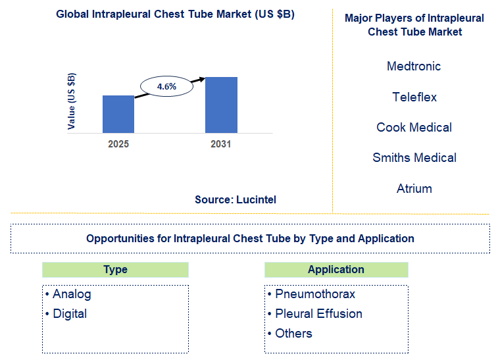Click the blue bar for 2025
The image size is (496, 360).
point(118,114)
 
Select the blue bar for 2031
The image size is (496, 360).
point(221,105)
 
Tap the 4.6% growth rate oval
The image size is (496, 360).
point(166,86)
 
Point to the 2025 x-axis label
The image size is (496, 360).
point(118,143)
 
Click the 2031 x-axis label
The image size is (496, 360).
point(221,143)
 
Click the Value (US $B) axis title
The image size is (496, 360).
point(72,101)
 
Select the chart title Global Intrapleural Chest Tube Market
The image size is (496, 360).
point(175,14)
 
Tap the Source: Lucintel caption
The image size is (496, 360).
point(235,199)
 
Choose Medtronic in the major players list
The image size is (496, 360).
point(414,66)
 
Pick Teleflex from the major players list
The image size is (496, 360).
point(414,97)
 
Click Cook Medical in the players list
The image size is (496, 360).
point(414,128)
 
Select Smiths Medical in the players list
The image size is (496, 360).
point(414,158)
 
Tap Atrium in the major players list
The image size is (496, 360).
point(414,189)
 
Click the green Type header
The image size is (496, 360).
point(115,270)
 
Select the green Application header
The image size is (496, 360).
point(335,270)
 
